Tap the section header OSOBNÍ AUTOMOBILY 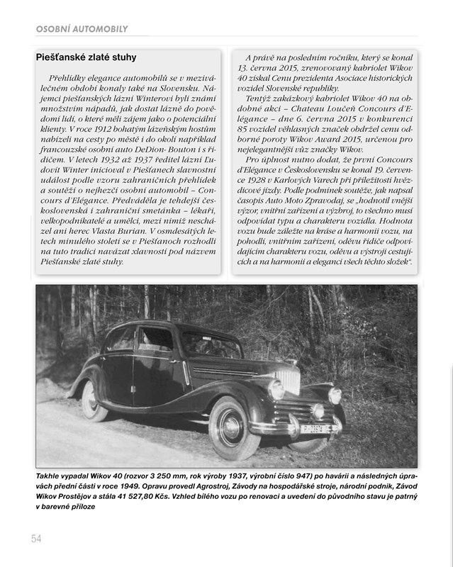[82, 29]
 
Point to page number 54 [37, 539]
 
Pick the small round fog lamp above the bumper [317, 410]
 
